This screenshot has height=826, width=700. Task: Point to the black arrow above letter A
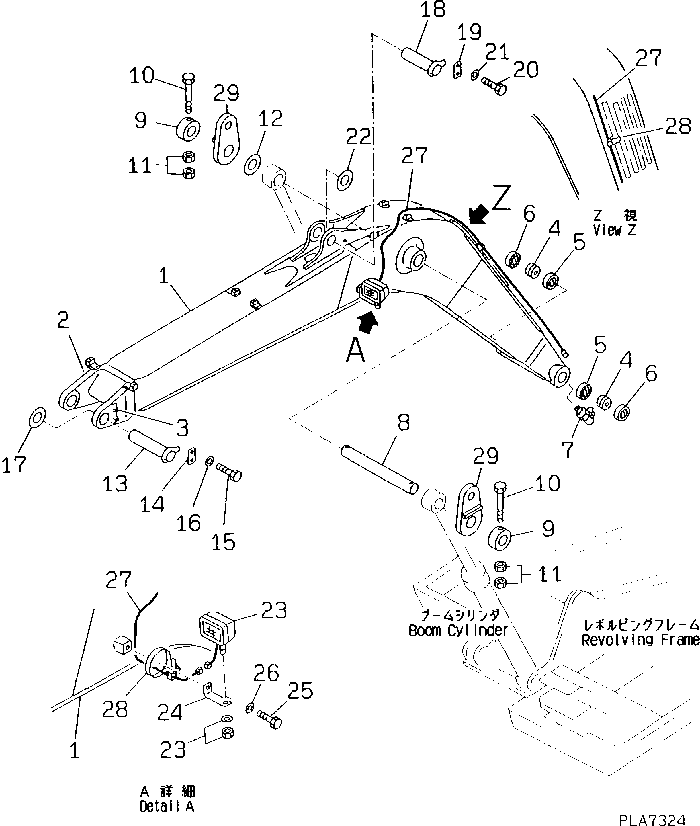pos(369,321)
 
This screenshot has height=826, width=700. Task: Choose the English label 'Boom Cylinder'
pos(458,630)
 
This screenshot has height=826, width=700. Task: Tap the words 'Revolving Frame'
pos(640,651)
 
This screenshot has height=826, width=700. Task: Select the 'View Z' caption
pos(614,230)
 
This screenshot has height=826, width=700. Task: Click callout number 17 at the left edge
pos(14,464)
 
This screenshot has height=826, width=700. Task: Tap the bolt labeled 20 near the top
pos(494,86)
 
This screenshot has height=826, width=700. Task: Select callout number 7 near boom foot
pos(568,449)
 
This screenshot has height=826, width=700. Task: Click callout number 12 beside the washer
pos(270,118)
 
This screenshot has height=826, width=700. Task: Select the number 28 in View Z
pos(678,127)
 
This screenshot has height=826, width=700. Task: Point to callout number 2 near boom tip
pos(63,320)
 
